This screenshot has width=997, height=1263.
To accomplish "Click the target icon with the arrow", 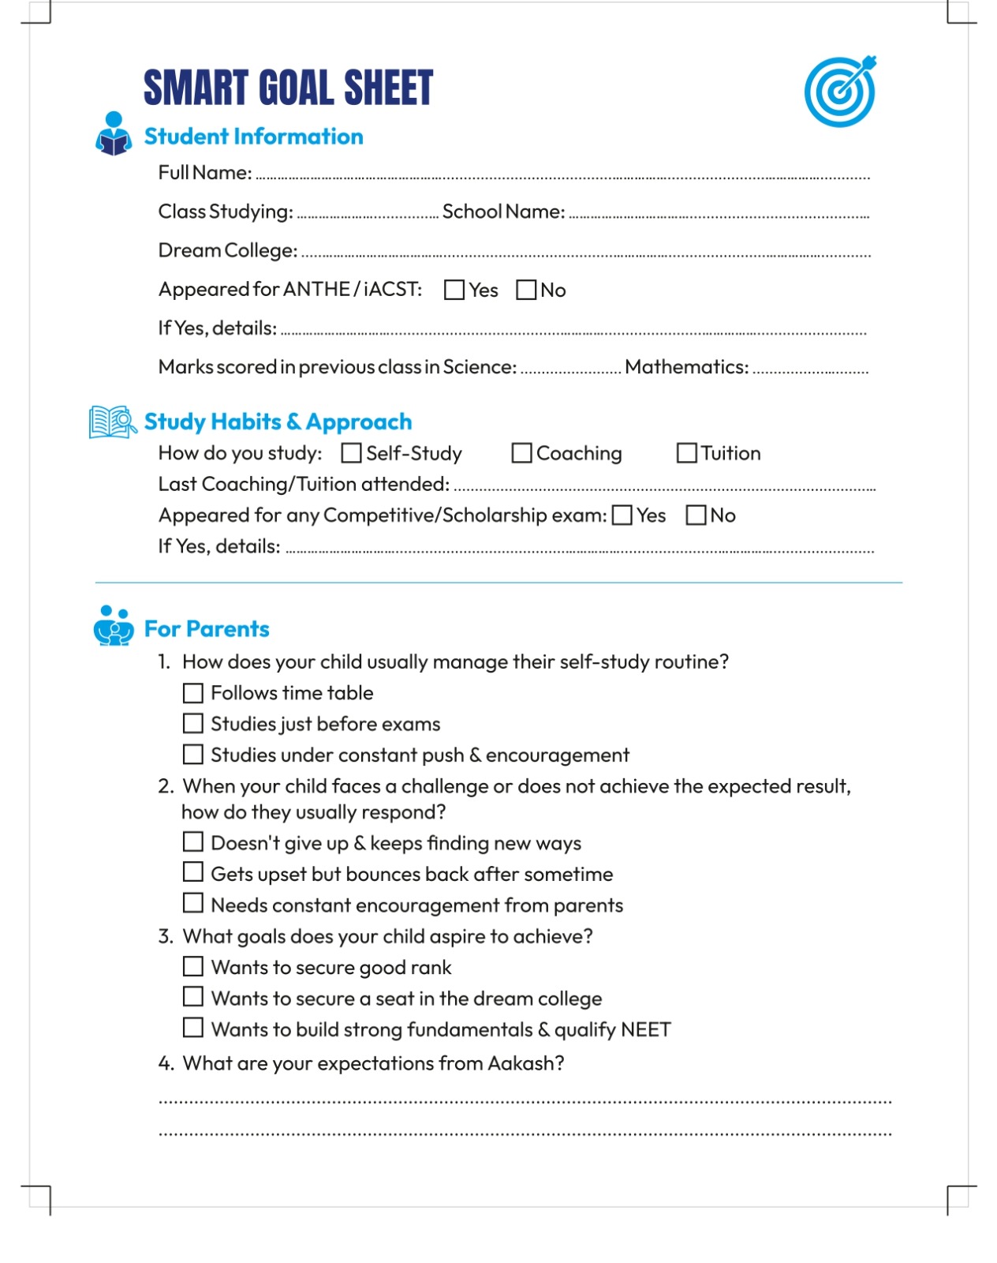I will pyautogui.click(x=840, y=92).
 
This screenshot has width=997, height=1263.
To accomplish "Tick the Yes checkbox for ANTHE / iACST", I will pyautogui.click(x=454, y=290).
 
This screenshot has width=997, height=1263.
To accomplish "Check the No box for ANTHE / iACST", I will pyautogui.click(x=526, y=290).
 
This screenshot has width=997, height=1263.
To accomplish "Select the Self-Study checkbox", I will pyautogui.click(x=352, y=453).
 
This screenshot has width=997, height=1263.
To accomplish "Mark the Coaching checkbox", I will pyautogui.click(x=521, y=453).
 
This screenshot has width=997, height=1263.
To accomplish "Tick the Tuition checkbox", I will pyautogui.click(x=687, y=453).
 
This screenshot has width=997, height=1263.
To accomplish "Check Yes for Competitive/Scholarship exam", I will pyautogui.click(x=622, y=515).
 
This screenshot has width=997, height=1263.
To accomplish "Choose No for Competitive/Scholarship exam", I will pyautogui.click(x=696, y=515).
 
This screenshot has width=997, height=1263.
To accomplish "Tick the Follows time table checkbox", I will pyautogui.click(x=193, y=693).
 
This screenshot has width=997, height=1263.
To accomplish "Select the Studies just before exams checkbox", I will pyautogui.click(x=193, y=724).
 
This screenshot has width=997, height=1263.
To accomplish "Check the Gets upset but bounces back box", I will pyautogui.click(x=193, y=872).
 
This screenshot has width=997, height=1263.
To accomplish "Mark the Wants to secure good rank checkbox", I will pyautogui.click(x=193, y=966).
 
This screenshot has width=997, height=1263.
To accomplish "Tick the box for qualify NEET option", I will pyautogui.click(x=193, y=1028).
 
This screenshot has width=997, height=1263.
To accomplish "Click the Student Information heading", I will pyautogui.click(x=253, y=137).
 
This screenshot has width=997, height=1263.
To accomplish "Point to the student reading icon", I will pyautogui.click(x=114, y=133).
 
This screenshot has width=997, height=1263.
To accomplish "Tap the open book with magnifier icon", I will pyautogui.click(x=112, y=422).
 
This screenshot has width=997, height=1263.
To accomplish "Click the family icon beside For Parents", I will pyautogui.click(x=114, y=626).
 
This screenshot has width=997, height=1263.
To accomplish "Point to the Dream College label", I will pyautogui.click(x=228, y=250).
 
